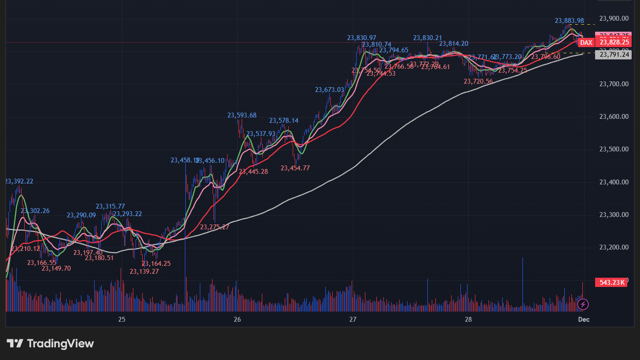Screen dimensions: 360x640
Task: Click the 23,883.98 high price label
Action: [x=569, y=21]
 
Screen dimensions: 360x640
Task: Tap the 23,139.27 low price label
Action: [x=144, y=272]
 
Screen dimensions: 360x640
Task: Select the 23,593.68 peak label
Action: [x=242, y=115]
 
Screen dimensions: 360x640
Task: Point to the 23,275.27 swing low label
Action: [x=214, y=227]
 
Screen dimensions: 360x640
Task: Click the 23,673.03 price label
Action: [x=329, y=90]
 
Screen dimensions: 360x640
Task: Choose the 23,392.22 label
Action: [x=19, y=181]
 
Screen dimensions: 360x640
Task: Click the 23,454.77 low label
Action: [x=295, y=168]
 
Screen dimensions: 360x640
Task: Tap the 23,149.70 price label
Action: [x=56, y=268]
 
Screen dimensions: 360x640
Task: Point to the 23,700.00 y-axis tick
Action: [x=614, y=84]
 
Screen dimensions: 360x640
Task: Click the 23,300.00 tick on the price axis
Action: [x=614, y=215]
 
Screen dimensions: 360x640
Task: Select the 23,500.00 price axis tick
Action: [x=614, y=149]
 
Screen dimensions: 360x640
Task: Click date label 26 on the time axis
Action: [x=237, y=320]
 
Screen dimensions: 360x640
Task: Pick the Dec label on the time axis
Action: [x=583, y=320]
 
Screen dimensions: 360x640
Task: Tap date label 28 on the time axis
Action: [x=468, y=320]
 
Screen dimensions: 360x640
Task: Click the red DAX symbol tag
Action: [x=586, y=43]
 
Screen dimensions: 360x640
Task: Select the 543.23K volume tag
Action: [x=611, y=283]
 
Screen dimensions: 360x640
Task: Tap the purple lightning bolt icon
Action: [x=583, y=304]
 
